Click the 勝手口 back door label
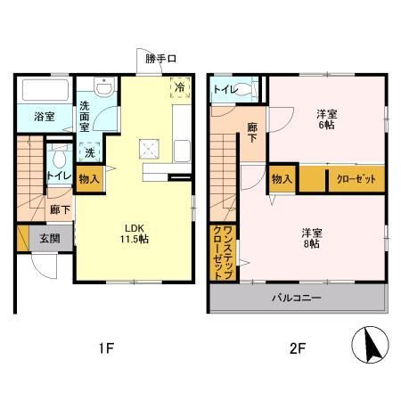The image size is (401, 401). click(x=162, y=59)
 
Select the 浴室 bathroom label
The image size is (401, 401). click(x=45, y=116)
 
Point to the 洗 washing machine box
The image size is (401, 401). click(x=90, y=151)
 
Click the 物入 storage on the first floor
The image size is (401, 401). click(x=89, y=177)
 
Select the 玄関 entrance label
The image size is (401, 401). click(x=48, y=238)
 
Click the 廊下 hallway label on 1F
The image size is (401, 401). click(x=61, y=210)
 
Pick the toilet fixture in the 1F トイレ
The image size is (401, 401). click(x=60, y=160)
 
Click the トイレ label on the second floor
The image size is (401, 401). click(x=227, y=89)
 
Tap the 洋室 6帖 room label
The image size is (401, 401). click(x=327, y=119)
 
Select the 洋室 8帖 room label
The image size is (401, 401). click(x=311, y=239)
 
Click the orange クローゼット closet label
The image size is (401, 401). click(x=355, y=179)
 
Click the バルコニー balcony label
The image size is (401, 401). click(x=297, y=298)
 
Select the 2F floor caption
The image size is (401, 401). click(x=297, y=348)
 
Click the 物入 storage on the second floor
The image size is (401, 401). click(x=282, y=179)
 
